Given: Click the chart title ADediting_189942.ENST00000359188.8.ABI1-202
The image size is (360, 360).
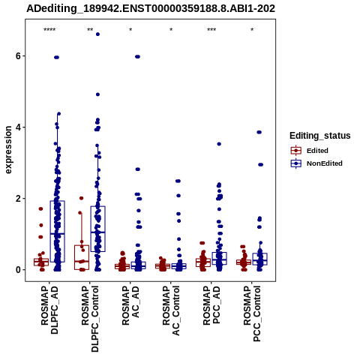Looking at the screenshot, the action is (x=151, y=8).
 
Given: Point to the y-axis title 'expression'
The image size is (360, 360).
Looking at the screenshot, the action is (x=8, y=150).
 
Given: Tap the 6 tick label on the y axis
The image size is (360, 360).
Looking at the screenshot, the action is (x=18, y=56).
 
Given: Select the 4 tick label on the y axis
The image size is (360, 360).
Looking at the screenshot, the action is (x=18, y=127).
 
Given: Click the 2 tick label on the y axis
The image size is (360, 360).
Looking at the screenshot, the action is (x=18, y=199).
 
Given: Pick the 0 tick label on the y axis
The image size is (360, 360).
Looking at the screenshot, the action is (x=18, y=270).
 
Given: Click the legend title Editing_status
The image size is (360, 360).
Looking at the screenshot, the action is (x=320, y=136).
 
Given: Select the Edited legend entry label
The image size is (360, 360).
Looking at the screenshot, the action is (x=317, y=151).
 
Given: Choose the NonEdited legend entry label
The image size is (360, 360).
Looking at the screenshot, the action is (x=325, y=163).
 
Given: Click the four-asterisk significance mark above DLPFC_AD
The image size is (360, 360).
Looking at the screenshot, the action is (x=49, y=30).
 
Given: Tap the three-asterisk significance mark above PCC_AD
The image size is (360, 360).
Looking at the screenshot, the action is (x=211, y=30).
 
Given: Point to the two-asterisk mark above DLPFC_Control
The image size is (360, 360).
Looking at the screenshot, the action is (x=90, y=30).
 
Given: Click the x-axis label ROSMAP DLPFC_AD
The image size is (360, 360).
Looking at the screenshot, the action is (x=49, y=310).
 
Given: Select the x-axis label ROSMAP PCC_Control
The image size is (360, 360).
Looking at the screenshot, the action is (x=252, y=313).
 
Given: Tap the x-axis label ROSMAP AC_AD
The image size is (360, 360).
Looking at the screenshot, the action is (x=130, y=305).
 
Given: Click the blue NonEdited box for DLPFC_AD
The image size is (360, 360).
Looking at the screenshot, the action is (x=58, y=232).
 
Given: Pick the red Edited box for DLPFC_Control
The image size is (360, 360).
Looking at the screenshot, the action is (x=82, y=257).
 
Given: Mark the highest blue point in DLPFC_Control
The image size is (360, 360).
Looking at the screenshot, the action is (x=97, y=34).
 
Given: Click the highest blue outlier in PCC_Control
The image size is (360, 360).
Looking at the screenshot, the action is (x=259, y=132).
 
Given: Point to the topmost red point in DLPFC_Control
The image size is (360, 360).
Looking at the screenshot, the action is (x=81, y=198).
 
